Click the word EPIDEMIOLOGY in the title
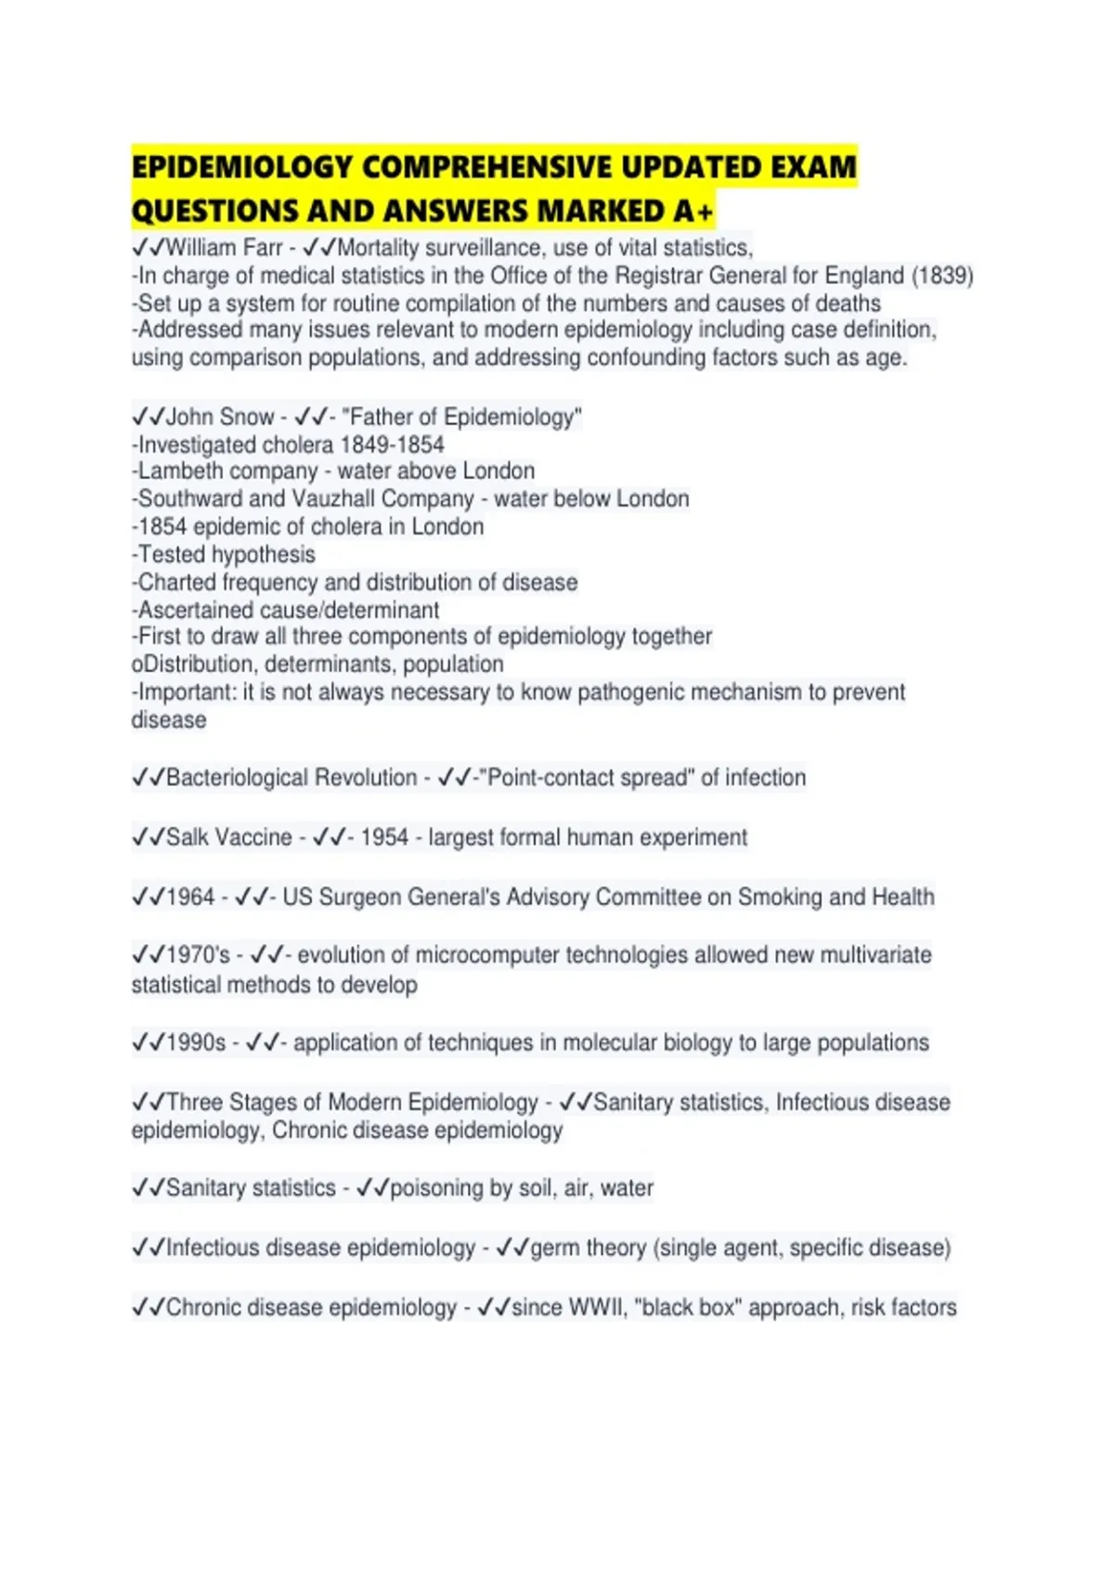point(241,168)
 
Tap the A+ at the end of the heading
point(693,212)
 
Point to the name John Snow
point(220,417)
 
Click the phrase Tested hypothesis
point(227,554)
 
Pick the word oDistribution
point(192,665)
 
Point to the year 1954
point(384,837)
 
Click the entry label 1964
point(190,897)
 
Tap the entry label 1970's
point(198,955)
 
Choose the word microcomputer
point(487,955)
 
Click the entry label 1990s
point(196,1042)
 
